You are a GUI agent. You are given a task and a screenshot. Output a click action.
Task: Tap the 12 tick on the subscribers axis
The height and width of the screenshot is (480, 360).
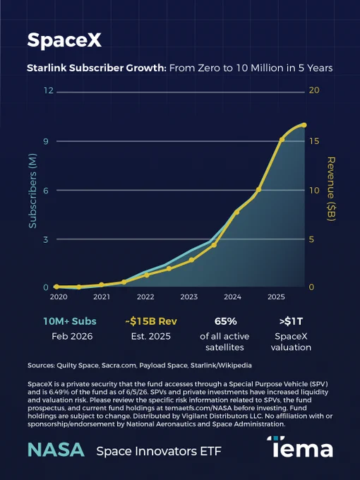[49, 90]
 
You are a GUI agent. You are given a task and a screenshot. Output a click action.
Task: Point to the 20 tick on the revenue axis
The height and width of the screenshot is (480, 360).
[314, 90]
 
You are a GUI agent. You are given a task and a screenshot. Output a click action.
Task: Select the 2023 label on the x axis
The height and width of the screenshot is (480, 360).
[189, 296]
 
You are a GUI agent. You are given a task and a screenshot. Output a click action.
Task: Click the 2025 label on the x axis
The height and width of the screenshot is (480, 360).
[276, 296]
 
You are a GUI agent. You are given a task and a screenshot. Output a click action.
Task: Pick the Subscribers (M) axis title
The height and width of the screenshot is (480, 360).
[32, 191]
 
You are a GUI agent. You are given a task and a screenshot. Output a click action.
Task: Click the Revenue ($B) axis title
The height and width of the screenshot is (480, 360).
[332, 189]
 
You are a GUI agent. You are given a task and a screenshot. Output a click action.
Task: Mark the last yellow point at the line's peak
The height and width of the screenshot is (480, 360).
[304, 125]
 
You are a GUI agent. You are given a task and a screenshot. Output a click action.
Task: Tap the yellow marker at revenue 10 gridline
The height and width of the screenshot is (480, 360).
[258, 189]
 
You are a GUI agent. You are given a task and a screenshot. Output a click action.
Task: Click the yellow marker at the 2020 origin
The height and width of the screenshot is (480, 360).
[56, 287]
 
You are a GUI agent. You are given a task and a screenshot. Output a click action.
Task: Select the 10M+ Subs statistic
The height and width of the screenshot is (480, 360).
[70, 321]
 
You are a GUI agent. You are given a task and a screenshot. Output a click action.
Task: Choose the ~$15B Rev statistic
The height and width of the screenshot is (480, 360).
[151, 321]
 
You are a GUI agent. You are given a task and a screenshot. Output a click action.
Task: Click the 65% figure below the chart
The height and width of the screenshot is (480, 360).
[226, 321]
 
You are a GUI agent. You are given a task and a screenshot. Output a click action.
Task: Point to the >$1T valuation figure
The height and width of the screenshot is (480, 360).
[291, 321]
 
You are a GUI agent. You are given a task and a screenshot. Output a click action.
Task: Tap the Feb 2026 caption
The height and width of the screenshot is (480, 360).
[72, 337]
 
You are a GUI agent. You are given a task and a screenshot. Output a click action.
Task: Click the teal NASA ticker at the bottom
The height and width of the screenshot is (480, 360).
[56, 450]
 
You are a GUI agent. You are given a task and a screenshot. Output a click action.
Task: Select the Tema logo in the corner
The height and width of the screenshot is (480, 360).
[300, 447]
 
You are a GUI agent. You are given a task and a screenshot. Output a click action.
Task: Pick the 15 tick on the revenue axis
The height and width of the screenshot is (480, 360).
[314, 141]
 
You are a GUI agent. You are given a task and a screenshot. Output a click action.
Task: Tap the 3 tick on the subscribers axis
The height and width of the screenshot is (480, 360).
[46, 239]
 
